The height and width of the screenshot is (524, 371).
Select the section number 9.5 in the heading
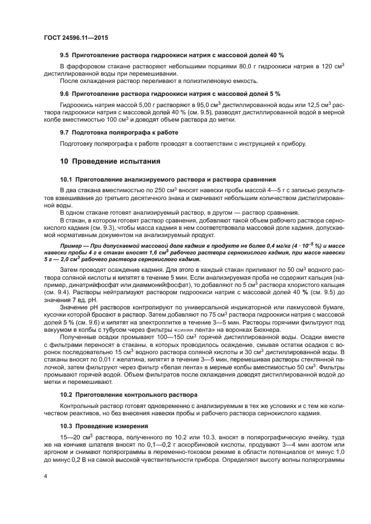(x=65, y=55)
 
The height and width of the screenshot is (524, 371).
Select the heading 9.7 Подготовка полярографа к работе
(x=119, y=132)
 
